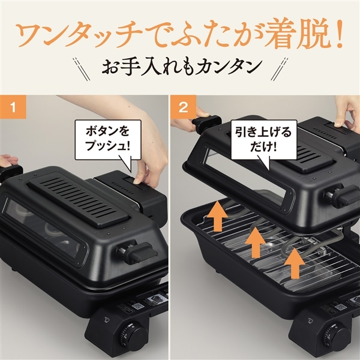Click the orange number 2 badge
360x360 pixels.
coord(185,109)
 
